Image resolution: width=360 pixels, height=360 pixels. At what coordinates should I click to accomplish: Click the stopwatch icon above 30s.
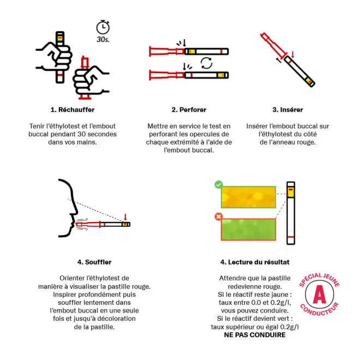tap(103, 27)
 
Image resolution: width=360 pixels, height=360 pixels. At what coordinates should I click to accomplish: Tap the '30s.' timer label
tap(103, 39)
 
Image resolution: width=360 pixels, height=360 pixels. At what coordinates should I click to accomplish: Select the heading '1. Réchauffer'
tap(73, 110)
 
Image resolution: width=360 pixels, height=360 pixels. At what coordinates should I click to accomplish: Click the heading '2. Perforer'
tap(189, 110)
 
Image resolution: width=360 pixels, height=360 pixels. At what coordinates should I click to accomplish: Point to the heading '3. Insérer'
tap(287, 110)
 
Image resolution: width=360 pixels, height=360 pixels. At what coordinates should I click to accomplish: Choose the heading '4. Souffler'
tap(94, 262)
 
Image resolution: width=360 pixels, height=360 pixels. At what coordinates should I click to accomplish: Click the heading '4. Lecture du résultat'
tap(255, 262)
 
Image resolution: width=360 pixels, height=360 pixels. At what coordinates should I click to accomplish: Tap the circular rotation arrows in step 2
tap(206, 63)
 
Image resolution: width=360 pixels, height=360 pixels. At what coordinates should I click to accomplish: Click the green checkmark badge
tap(219, 184)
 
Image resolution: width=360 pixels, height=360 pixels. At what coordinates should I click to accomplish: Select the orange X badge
tap(219, 217)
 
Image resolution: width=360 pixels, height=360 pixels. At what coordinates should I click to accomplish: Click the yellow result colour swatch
tap(248, 197)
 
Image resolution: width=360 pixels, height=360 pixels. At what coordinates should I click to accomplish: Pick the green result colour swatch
tap(248, 229)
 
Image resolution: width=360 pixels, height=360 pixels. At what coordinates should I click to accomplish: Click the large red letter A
tap(319, 294)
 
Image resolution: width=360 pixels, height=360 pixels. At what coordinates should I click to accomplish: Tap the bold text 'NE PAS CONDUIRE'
tap(255, 335)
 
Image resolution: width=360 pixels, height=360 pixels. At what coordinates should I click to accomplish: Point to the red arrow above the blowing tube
tap(125, 217)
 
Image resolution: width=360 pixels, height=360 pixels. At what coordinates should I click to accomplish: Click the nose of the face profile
tap(76, 210)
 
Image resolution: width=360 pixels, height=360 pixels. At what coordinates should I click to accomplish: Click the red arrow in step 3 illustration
tap(292, 55)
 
